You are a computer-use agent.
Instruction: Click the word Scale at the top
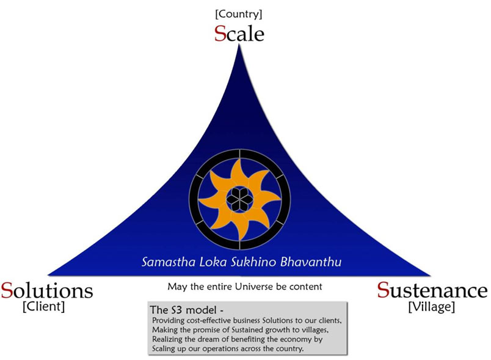click(239, 33)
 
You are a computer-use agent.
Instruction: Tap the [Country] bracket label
click(239, 14)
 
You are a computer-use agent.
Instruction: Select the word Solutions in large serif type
click(47, 290)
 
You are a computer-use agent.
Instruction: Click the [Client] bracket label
click(43, 306)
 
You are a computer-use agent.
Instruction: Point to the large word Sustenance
click(432, 290)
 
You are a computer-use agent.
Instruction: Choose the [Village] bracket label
click(432, 306)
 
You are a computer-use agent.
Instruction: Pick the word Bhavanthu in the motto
click(311, 262)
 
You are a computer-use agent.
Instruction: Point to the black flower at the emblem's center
click(239, 199)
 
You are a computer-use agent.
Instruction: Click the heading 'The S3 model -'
click(187, 310)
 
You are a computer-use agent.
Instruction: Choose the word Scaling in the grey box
click(164, 349)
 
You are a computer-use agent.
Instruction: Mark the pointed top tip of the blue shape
click(239, 45)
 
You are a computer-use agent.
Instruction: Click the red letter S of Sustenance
click(383, 290)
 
